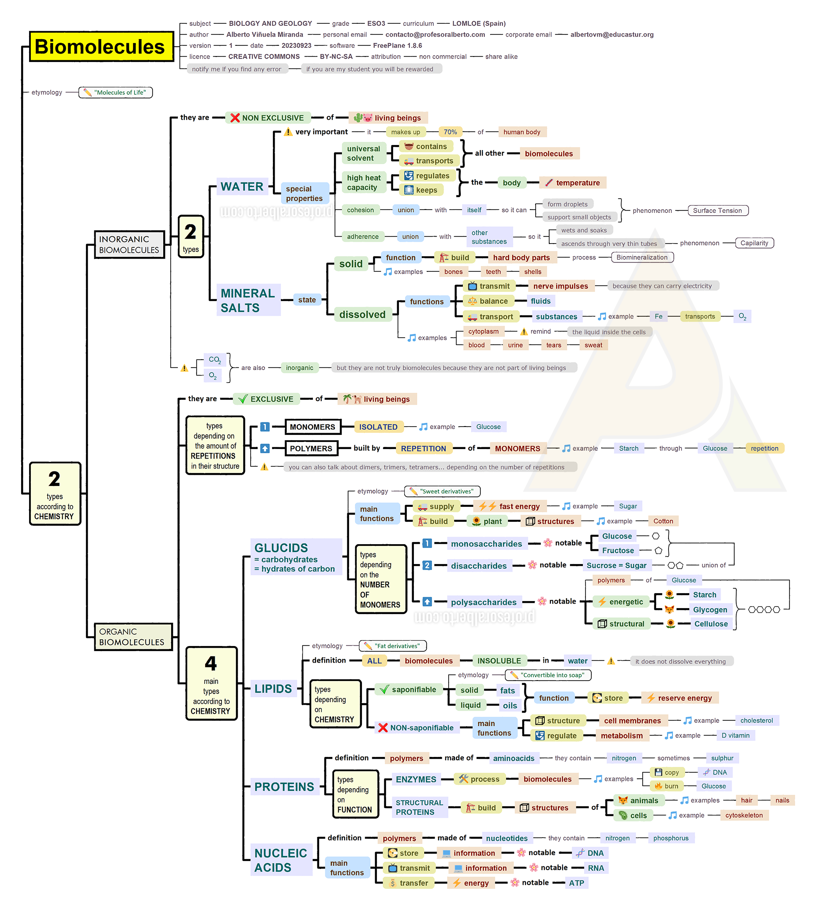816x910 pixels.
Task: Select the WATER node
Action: coord(242,187)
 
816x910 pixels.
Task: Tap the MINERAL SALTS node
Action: coord(248,300)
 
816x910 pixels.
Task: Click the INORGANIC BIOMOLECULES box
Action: coord(129,244)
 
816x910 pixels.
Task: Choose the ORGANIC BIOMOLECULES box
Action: coord(133,636)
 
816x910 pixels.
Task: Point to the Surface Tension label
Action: coord(718,210)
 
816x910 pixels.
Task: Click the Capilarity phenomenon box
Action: coord(754,243)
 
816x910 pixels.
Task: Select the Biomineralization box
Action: coord(642,257)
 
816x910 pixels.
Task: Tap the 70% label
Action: coord(450,132)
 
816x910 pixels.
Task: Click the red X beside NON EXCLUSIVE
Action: coord(235,118)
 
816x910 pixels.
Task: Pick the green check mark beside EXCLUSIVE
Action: coord(243,399)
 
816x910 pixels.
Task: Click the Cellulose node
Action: coord(711,624)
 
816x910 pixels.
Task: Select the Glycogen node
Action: coord(710,609)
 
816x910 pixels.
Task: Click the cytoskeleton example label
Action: coord(744,815)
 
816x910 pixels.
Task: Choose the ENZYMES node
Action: coord(415,779)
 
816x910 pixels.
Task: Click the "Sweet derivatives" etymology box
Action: coord(442,491)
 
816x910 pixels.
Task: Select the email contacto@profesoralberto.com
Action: coord(435,35)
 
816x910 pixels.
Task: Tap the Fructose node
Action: coord(618,550)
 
